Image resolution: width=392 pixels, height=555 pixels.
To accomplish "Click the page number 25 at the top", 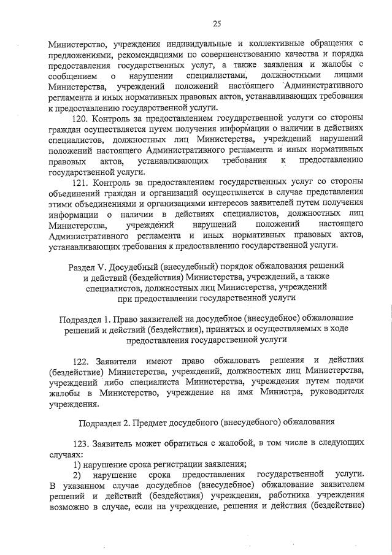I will click(216, 24).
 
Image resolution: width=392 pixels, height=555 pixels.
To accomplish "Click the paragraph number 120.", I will click(81, 118).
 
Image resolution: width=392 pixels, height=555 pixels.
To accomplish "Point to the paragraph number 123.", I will click(81, 442).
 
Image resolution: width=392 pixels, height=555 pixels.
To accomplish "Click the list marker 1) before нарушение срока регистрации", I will click(77, 464).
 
